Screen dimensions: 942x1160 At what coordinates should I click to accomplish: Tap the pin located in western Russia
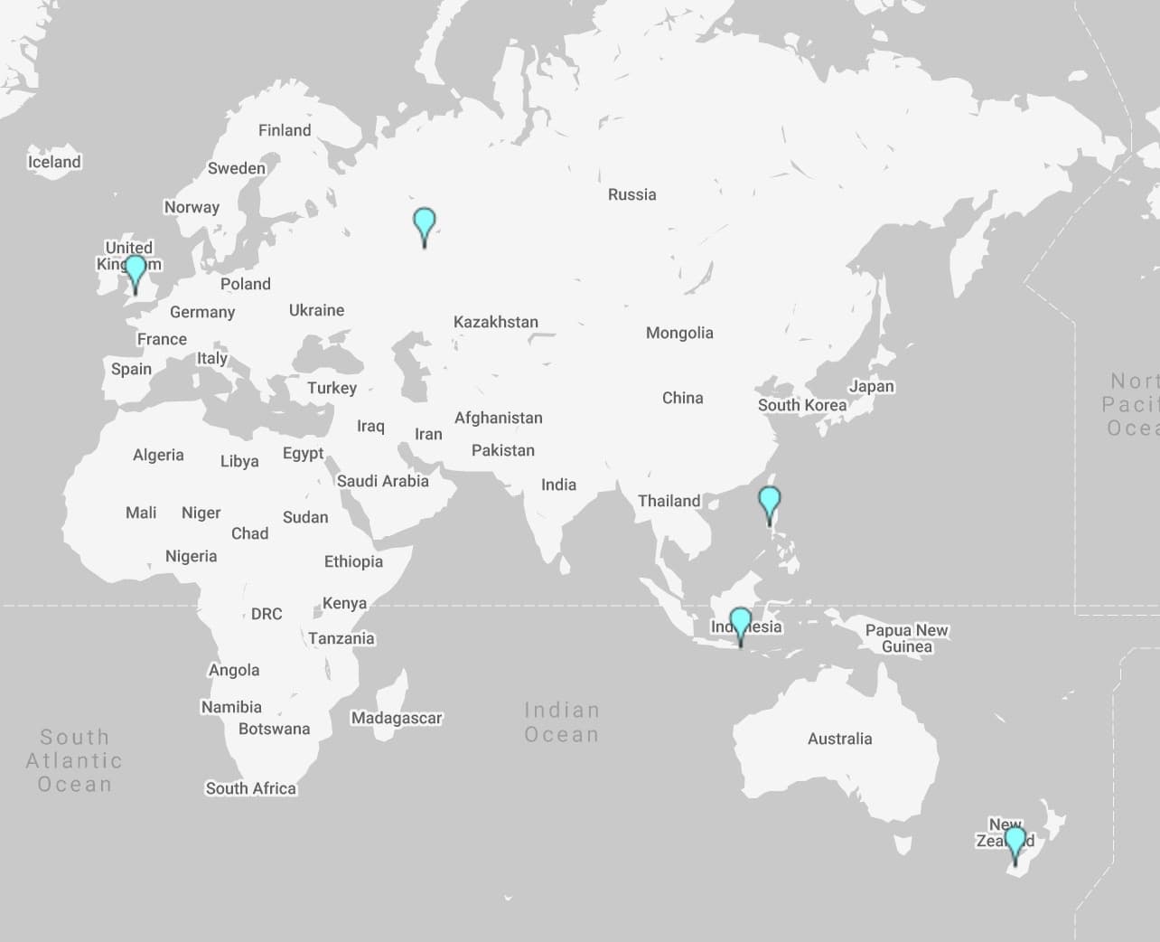[424, 222]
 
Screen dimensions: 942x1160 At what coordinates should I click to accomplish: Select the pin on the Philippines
[769, 501]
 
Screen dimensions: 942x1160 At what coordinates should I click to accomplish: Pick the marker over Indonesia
[741, 623]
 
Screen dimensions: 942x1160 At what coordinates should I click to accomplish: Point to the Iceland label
[54, 162]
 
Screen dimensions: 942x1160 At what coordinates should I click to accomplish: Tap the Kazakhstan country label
[496, 322]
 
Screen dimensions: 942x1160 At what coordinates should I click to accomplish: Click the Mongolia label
[679, 333]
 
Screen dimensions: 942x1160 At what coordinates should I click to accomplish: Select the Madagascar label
[397, 718]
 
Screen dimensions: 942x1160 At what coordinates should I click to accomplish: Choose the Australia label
[839, 739]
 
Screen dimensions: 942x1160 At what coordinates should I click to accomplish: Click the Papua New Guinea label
[906, 638]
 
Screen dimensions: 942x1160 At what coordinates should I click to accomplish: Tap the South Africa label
[250, 788]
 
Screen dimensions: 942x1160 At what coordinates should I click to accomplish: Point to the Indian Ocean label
[562, 722]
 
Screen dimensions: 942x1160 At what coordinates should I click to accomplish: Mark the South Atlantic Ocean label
[74, 761]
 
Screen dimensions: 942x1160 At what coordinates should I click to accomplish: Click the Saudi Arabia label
[383, 481]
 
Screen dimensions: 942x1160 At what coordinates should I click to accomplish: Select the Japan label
[871, 386]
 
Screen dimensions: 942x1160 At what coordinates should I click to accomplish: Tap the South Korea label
[802, 405]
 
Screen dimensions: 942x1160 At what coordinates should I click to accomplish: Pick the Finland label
[285, 130]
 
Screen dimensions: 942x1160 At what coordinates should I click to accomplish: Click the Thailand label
[669, 501]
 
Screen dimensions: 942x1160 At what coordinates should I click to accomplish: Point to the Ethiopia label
[353, 561]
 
